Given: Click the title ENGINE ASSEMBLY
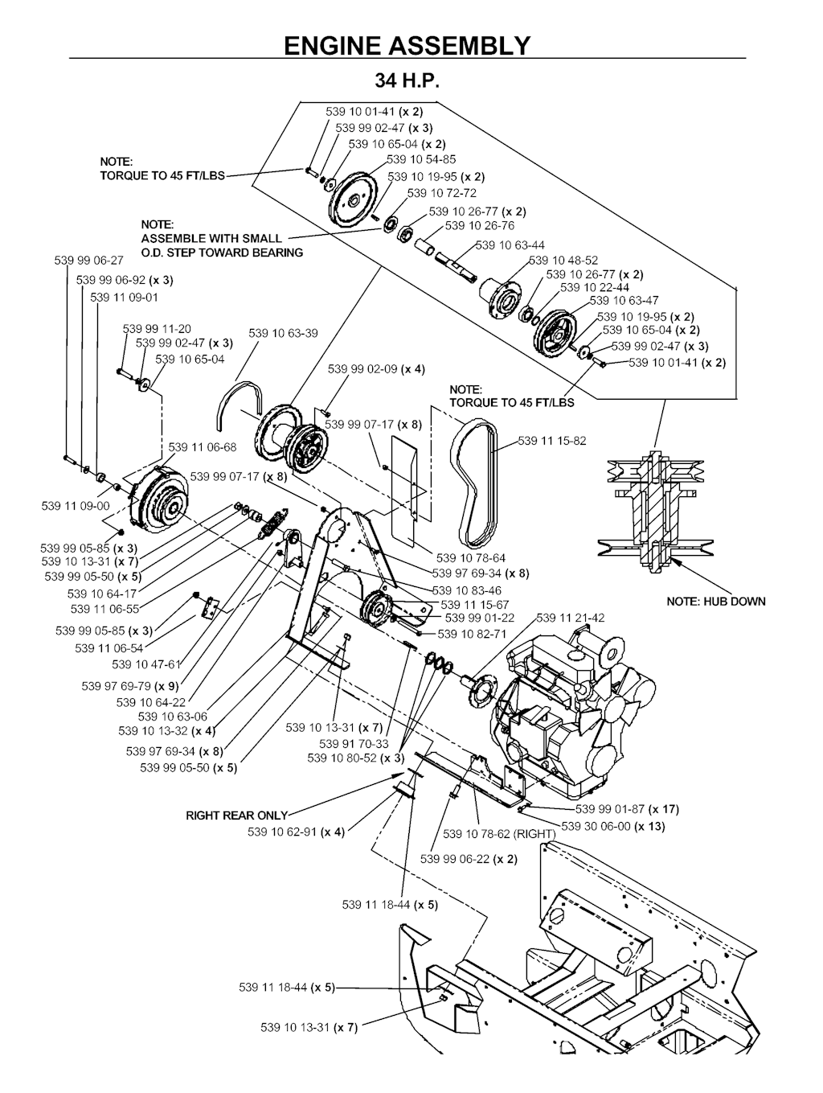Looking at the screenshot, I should click(407, 45).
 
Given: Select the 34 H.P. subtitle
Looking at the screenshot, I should click(407, 81).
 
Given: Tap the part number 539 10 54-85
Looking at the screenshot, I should click(422, 159).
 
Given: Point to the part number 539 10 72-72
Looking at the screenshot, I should click(441, 193).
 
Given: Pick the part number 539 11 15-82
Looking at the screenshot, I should click(552, 441).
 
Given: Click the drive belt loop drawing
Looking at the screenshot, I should click(474, 483).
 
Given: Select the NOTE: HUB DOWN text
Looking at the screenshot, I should click(716, 601).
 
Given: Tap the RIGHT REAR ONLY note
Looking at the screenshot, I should click(236, 815).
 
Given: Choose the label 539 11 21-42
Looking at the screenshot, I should click(571, 618).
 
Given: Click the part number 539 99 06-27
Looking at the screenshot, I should click(89, 261).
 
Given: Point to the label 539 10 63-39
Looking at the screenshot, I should click(283, 333).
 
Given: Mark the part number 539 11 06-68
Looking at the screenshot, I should click(203, 447).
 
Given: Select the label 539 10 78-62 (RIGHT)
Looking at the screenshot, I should click(498, 834).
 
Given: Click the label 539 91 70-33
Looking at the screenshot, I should click(354, 744).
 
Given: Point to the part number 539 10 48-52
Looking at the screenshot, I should click(563, 261).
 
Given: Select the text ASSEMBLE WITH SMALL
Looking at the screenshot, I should click(211, 238).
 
